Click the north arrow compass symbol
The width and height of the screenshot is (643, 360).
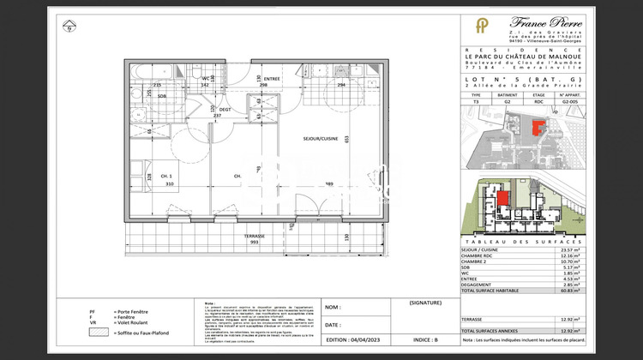pyautogui.click(x=68, y=26)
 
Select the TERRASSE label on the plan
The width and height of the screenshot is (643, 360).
pyautogui.click(x=253, y=236)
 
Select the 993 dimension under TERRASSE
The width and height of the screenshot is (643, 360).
pyautogui.click(x=253, y=243)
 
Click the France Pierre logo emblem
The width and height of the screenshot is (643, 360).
pyautogui.click(x=482, y=25)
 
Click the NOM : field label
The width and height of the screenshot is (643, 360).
pyautogui.click(x=333, y=307)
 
